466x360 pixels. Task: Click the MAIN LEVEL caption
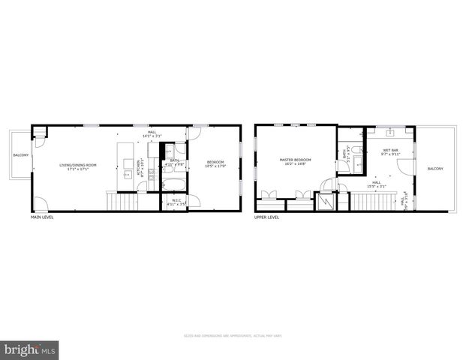click(x=42, y=217)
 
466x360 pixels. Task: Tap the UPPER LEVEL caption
click(x=267, y=217)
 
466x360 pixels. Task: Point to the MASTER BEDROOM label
click(x=296, y=159)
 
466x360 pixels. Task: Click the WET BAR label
click(x=391, y=150)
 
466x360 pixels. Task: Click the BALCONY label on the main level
click(x=20, y=155)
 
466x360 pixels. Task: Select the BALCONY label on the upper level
click(x=435, y=169)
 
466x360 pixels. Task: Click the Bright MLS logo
click(x=30, y=349)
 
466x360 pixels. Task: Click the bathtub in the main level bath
click(x=173, y=182)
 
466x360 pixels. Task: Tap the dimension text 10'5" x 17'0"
click(x=216, y=166)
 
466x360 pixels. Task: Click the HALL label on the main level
click(x=152, y=132)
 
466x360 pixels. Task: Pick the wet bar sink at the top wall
click(x=391, y=131)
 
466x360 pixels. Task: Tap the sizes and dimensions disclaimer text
click(x=233, y=335)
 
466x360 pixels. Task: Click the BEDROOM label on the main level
click(x=216, y=162)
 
